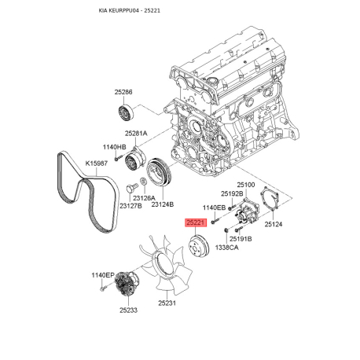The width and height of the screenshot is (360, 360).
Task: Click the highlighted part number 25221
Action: (x=195, y=222)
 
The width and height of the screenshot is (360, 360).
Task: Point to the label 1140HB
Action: (x=114, y=147)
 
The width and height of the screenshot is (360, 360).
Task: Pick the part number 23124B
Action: (x=162, y=204)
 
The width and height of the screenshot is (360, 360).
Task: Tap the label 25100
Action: (x=247, y=185)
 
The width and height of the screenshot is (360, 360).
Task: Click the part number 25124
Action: (x=274, y=224)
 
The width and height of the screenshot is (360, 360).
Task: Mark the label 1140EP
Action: (x=102, y=275)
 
